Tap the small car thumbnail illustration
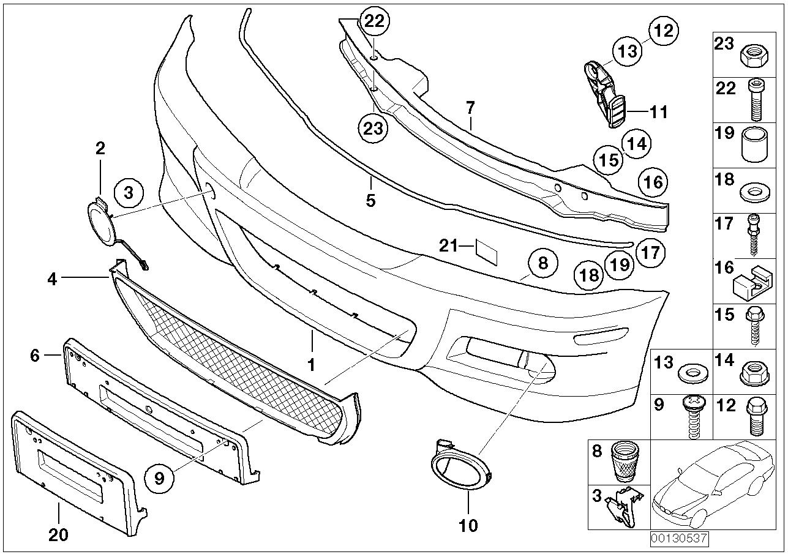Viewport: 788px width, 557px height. (710, 484)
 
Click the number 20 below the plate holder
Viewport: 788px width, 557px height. (58, 534)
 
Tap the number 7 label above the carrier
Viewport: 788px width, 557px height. (470, 108)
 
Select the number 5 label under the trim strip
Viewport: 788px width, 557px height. (370, 200)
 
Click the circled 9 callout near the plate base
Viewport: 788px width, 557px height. (160, 478)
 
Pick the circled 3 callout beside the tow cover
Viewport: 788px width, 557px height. (128, 193)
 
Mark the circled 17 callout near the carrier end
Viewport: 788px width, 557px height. (650, 252)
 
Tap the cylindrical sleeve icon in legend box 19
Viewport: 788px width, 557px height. (751, 146)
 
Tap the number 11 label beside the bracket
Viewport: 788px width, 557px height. (658, 112)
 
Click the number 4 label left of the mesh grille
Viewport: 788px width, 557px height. (52, 280)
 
